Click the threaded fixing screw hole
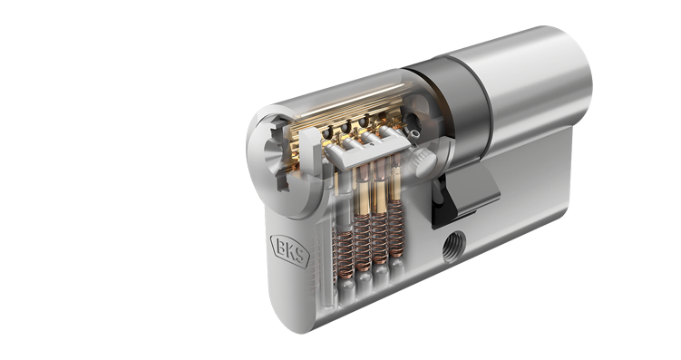pyautogui.click(x=453, y=243)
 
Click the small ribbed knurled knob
pyautogui.click(x=424, y=161)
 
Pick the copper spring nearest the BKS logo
pyautogui.click(x=345, y=254)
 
